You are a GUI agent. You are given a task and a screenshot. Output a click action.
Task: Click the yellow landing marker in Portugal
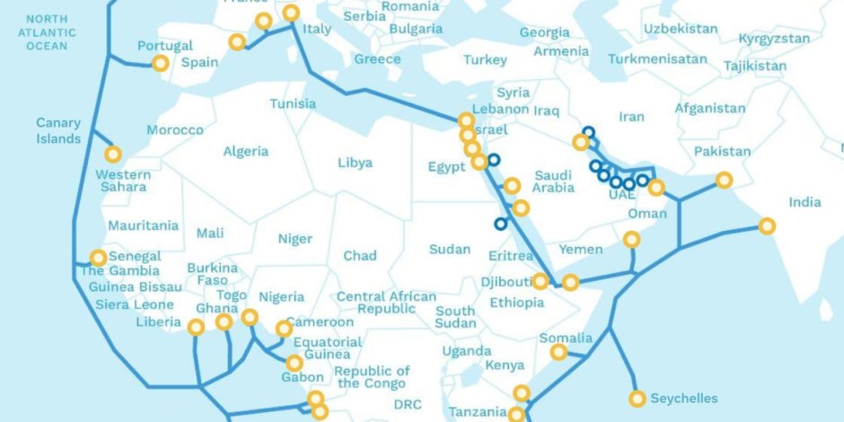tap(160, 64)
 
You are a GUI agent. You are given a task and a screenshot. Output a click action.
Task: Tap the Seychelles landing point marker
tap(637, 399)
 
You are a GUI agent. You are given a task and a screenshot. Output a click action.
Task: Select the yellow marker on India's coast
tap(766, 225)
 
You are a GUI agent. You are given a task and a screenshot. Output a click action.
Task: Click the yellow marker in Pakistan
tap(724, 180)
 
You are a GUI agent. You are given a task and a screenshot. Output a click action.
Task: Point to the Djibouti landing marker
tap(540, 281)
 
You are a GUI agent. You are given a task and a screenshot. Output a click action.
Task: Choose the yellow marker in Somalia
tap(558, 352)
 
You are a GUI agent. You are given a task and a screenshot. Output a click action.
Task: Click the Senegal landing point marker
tap(98, 257)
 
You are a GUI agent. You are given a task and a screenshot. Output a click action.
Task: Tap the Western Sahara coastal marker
tap(112, 154)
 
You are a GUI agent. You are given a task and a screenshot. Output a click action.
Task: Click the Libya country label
tap(355, 163)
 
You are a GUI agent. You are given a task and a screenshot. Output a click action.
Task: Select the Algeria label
tap(245, 151)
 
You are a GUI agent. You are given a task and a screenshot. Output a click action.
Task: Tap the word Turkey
tap(485, 60)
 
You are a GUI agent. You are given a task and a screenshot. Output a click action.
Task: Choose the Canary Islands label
tap(58, 131)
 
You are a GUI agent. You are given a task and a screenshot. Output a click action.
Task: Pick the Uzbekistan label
tap(680, 29)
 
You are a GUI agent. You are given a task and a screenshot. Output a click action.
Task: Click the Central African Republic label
tap(386, 303)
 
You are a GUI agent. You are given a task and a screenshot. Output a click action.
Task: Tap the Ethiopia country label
tap(516, 303)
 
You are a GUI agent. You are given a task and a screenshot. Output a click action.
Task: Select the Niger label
tap(295, 239)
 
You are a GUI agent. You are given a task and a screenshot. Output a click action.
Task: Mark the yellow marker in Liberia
tap(196, 328)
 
